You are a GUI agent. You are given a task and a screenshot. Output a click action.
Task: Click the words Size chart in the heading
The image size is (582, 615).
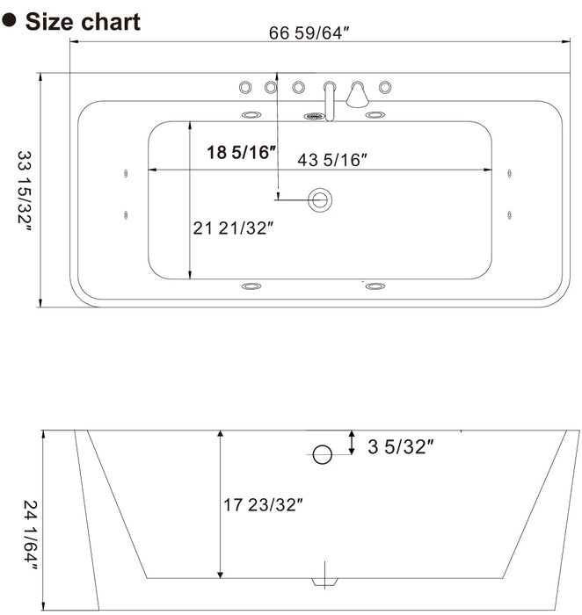tap(83, 21)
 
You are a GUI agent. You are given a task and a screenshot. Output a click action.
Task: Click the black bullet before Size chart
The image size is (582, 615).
tap(11, 21)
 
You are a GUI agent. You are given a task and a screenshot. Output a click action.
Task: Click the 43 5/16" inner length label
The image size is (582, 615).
tap(332, 159)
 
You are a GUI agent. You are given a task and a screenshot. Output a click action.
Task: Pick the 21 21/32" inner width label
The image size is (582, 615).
tap(234, 228)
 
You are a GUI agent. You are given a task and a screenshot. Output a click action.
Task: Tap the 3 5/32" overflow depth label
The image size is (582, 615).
tap(401, 447)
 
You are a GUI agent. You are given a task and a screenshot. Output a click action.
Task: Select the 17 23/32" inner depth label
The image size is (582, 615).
tap(263, 505)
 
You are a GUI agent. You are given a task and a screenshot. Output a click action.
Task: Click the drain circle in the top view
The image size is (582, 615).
tap(320, 199)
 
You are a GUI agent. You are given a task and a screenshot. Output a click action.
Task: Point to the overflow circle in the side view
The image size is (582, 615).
tap(323, 454)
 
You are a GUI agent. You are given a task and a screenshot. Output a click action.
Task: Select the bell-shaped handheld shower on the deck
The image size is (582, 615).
tap(357, 94)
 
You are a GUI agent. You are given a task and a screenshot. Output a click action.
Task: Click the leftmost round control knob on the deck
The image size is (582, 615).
tap(244, 86)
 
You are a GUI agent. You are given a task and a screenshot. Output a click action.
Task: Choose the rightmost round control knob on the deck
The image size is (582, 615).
tap(384, 86)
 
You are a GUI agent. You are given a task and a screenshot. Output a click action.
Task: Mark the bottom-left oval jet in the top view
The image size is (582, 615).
tap(251, 286)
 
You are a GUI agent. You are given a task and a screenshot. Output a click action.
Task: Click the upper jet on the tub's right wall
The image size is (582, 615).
tap(509, 174)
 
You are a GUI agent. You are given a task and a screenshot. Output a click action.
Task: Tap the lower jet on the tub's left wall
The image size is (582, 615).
tap(127, 213)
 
